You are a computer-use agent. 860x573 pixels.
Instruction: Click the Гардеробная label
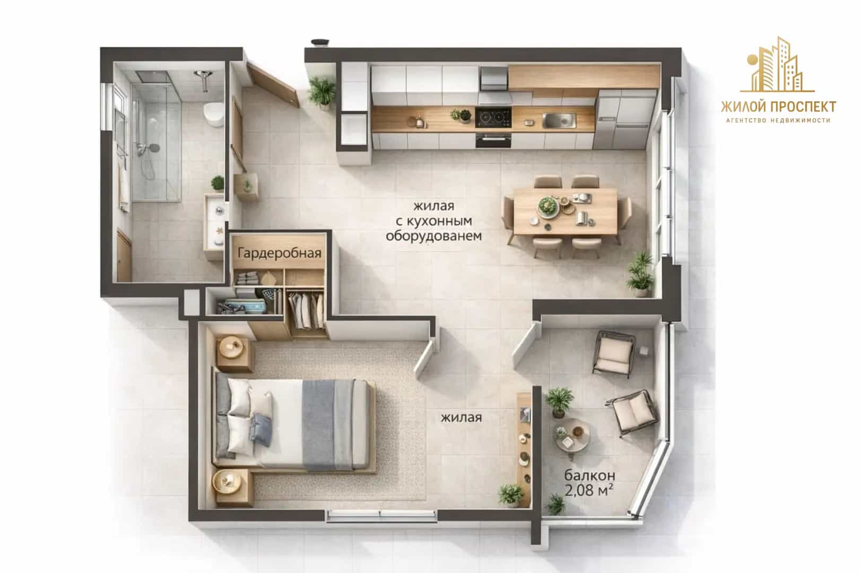[279, 254]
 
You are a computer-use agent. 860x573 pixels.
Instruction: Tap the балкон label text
[589, 475]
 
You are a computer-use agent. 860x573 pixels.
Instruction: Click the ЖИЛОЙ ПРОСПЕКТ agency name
[778, 107]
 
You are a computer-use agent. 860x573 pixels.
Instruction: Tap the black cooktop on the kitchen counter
[493, 117]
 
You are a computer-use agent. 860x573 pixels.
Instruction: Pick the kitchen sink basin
[559, 120]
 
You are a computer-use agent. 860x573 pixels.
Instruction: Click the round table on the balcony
[572, 435]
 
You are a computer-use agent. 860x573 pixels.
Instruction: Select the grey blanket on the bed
[327, 424]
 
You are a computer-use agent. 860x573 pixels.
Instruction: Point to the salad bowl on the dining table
[548, 207]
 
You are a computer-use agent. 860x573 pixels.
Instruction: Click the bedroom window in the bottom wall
[381, 515]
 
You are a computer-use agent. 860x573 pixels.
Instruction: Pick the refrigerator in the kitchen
[625, 119]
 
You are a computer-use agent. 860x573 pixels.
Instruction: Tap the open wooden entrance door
[273, 84]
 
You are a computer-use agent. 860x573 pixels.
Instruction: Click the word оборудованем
[433, 236]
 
